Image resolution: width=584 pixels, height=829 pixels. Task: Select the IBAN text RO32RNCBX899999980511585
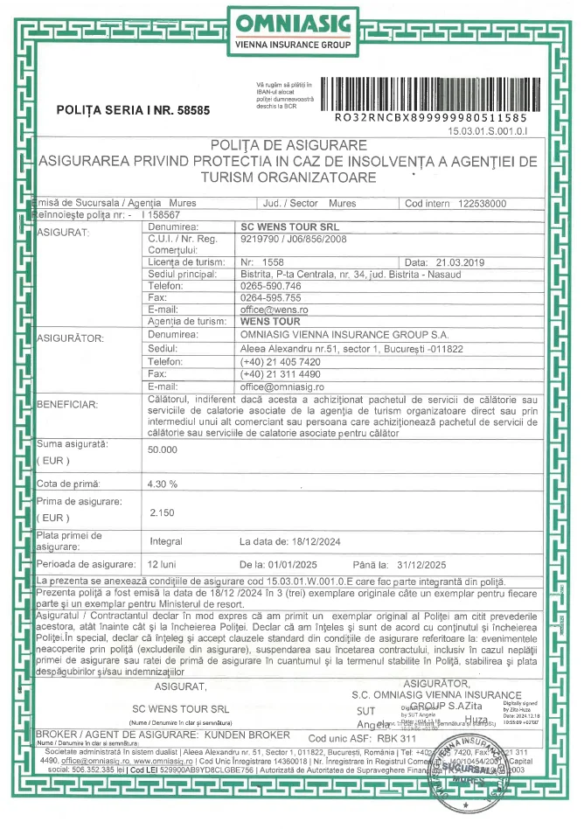coord(431,117)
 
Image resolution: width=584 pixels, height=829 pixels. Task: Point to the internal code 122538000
coord(482,203)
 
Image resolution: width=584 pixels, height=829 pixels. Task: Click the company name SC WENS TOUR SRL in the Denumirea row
coord(281,226)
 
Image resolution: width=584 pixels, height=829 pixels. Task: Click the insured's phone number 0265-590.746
coord(271,286)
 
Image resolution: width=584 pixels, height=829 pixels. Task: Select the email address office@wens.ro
coord(273,310)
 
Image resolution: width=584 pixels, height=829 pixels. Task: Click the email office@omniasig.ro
coord(282,385)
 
